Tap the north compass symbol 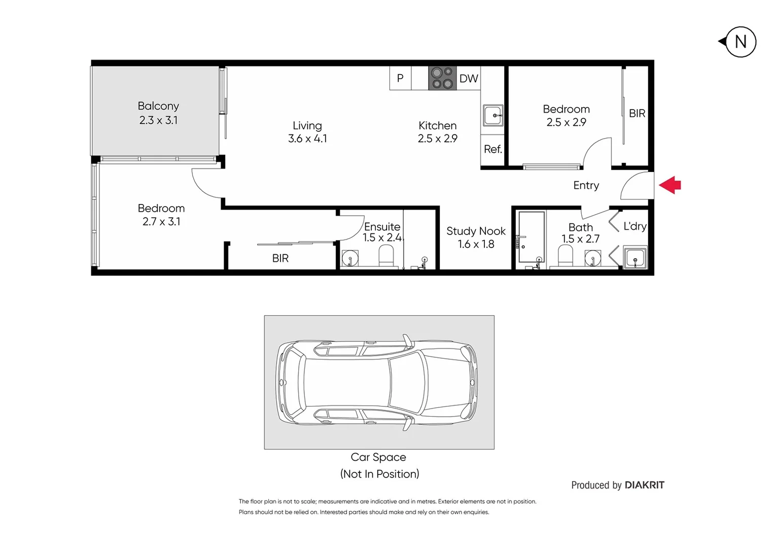740,42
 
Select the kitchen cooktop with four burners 442,78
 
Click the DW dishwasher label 468,79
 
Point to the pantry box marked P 400,78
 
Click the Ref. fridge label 492,149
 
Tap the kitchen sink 492,116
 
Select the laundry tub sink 635,258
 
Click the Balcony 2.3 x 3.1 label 158,113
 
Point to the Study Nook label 476,231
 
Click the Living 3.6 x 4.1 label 307,132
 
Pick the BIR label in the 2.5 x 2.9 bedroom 637,114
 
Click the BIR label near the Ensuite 280,258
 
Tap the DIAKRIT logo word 644,485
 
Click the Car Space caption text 378,457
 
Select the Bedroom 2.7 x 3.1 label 161,215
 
